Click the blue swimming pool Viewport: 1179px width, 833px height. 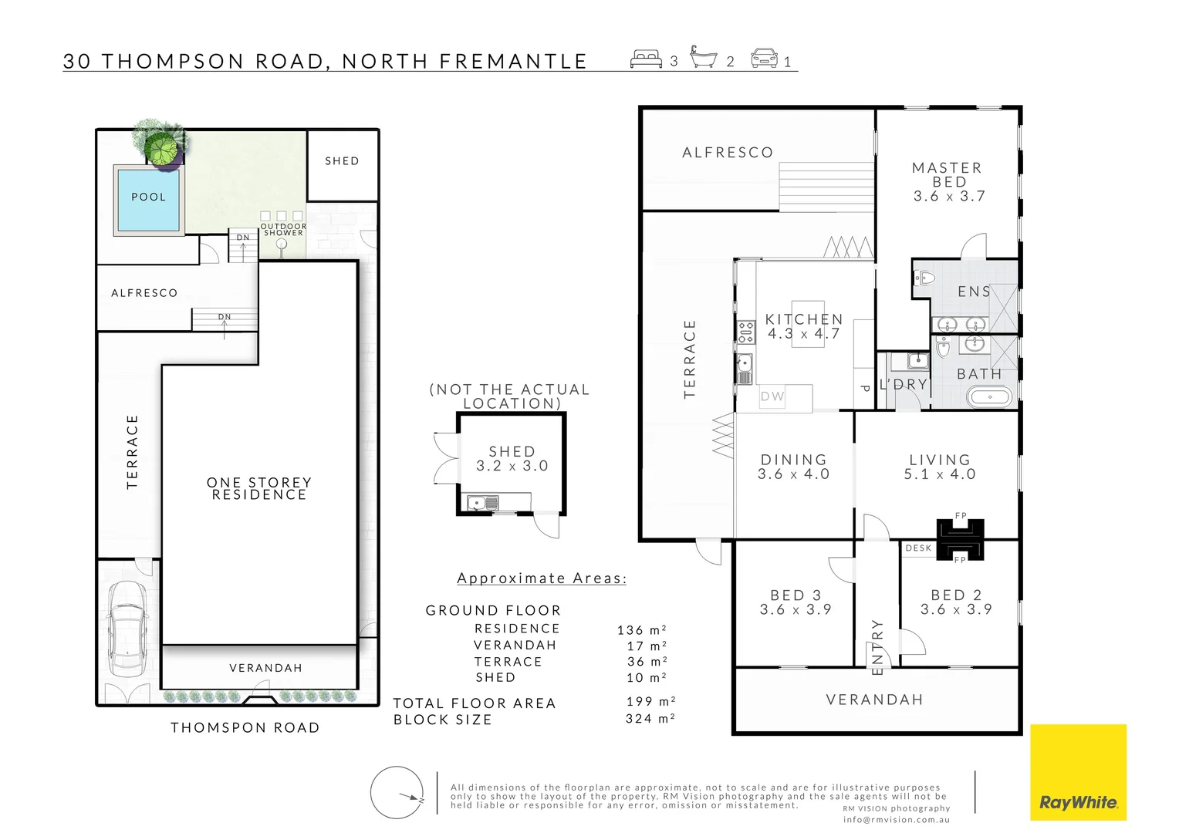[148, 201]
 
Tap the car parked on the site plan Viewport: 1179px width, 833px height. [128, 629]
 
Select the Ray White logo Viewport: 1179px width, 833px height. [1078, 772]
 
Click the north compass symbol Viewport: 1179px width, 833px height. [397, 792]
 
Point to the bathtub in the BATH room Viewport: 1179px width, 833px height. [989, 397]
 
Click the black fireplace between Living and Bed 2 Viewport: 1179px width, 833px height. [960, 539]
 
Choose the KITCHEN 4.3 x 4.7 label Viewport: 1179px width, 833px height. [804, 326]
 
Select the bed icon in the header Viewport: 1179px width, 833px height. [646, 59]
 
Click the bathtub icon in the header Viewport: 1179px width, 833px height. [703, 57]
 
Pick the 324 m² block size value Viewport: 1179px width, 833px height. [650, 718]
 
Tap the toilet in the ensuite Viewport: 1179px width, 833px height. [924, 278]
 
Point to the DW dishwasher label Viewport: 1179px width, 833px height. [772, 396]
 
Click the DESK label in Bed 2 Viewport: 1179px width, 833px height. [918, 548]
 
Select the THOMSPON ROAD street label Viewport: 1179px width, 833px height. [245, 727]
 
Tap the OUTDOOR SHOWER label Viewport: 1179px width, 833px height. [283, 229]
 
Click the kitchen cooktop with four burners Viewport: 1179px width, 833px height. [746, 332]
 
